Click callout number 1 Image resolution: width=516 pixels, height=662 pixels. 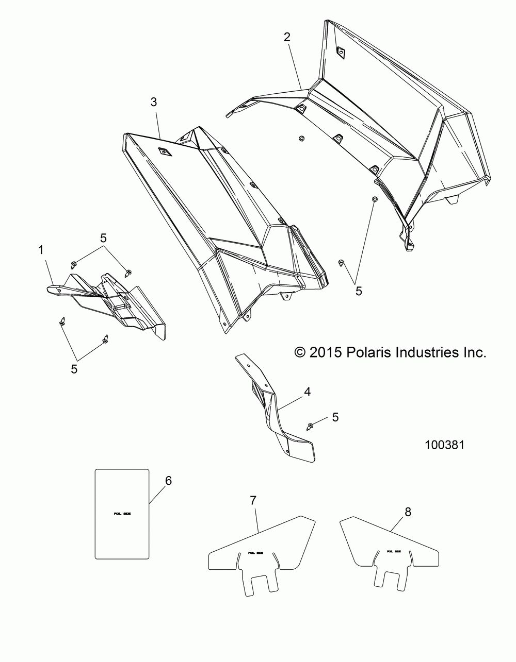(x=41, y=250)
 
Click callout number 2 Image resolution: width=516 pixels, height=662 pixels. (x=287, y=37)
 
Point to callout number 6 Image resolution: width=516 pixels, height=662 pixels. (x=168, y=481)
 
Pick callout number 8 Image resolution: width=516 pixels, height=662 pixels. (x=408, y=512)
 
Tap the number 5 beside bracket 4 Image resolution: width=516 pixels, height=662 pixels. (x=335, y=417)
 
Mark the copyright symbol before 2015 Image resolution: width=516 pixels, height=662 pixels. (x=299, y=352)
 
